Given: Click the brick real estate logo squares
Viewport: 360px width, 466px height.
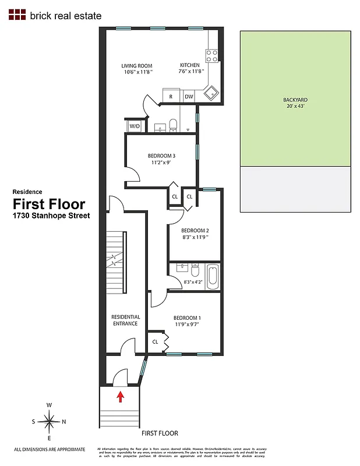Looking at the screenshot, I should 18,16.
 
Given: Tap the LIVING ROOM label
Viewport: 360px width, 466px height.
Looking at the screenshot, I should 136,65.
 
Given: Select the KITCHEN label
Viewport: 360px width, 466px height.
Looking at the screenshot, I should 190,65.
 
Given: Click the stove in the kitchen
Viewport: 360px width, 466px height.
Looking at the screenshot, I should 213,56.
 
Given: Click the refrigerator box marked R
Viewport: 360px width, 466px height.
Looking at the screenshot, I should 171,97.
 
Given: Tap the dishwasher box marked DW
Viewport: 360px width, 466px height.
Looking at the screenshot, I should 188,97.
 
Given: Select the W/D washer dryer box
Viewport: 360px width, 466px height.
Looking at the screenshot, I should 134,126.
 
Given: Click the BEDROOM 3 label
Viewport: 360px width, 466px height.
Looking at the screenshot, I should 161,156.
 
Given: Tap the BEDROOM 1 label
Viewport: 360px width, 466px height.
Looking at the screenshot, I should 187,317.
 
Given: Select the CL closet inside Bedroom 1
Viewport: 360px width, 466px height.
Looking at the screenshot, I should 156,342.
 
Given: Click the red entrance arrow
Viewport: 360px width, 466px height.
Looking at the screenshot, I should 121,397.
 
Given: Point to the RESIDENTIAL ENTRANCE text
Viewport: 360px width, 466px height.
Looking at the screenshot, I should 125,320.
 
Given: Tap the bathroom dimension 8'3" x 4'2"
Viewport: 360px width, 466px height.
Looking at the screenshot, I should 192,282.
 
